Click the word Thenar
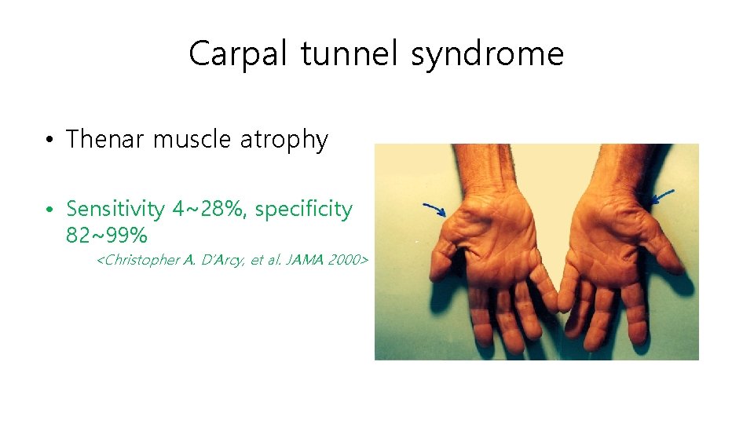pos(106,140)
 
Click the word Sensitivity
pos(115,210)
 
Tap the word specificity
pos(304,210)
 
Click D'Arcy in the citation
pos(225,260)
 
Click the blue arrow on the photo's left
pos(434,209)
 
